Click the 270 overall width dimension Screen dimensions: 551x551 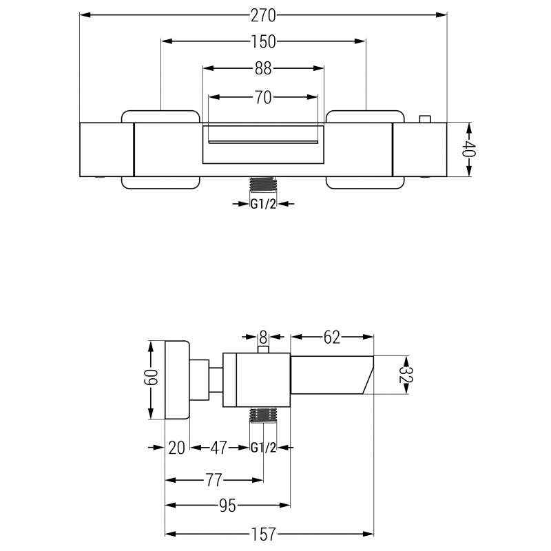pyautogui.click(x=263, y=14)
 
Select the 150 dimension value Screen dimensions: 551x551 pyautogui.click(x=263, y=42)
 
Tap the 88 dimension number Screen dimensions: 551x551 pyautogui.click(x=263, y=68)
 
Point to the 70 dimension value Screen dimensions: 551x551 pyautogui.click(x=263, y=97)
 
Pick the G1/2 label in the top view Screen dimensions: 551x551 pyautogui.click(x=263, y=203)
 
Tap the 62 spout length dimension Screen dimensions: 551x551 pyautogui.click(x=332, y=337)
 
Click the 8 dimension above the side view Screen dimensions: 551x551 pyautogui.click(x=262, y=337)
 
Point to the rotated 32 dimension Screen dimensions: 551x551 pyautogui.click(x=406, y=375)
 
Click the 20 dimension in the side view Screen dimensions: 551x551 pyautogui.click(x=177, y=448)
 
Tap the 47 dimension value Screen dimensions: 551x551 pyautogui.click(x=219, y=448)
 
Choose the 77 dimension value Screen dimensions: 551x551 pyautogui.click(x=214, y=479)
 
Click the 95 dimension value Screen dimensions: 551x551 pyautogui.click(x=227, y=506)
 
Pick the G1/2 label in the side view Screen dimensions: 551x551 pyautogui.click(x=263, y=448)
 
